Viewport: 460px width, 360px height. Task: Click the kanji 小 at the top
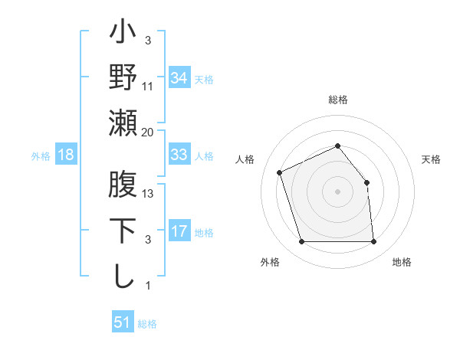point(123,34)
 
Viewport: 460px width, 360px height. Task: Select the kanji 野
point(123,77)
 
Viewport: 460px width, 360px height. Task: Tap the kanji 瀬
point(123,123)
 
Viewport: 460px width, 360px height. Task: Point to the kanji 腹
point(123,186)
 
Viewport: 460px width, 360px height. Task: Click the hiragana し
point(123,276)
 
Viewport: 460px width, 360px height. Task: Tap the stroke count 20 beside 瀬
point(148,133)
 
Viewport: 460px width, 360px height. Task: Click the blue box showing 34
point(179,78)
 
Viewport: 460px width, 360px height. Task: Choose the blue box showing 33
point(179,155)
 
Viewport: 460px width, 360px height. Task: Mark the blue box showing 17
point(179,231)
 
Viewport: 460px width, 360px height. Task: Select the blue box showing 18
point(66,155)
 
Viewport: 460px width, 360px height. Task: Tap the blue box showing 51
point(122,322)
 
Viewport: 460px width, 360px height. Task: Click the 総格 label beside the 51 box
point(147,324)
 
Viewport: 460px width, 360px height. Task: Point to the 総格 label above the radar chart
point(337,100)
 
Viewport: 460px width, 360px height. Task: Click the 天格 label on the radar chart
point(431,159)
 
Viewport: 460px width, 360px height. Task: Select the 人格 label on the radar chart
point(245,159)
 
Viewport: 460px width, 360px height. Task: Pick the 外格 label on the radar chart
point(269,262)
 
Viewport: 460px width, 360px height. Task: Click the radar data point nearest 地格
point(374,242)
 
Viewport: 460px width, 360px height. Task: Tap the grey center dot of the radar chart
point(337,191)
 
